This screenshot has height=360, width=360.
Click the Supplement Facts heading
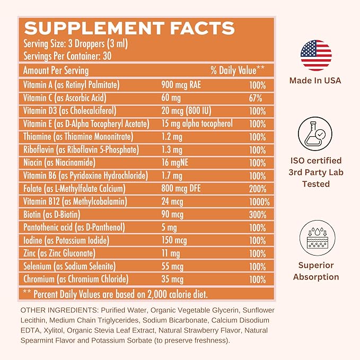pyautogui.click(x=129, y=28)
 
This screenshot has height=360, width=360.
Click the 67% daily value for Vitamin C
pyautogui.click(x=256, y=98)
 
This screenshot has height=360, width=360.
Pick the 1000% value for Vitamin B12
pyautogui.click(x=259, y=201)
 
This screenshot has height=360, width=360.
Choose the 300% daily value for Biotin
pyautogui.click(x=258, y=215)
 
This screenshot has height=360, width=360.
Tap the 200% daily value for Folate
pyautogui.click(x=258, y=189)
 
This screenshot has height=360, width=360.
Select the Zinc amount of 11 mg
pyautogui.click(x=171, y=253)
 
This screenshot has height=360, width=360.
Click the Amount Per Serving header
pyautogui.click(x=56, y=71)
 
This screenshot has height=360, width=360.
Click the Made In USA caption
pyautogui.click(x=315, y=81)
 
